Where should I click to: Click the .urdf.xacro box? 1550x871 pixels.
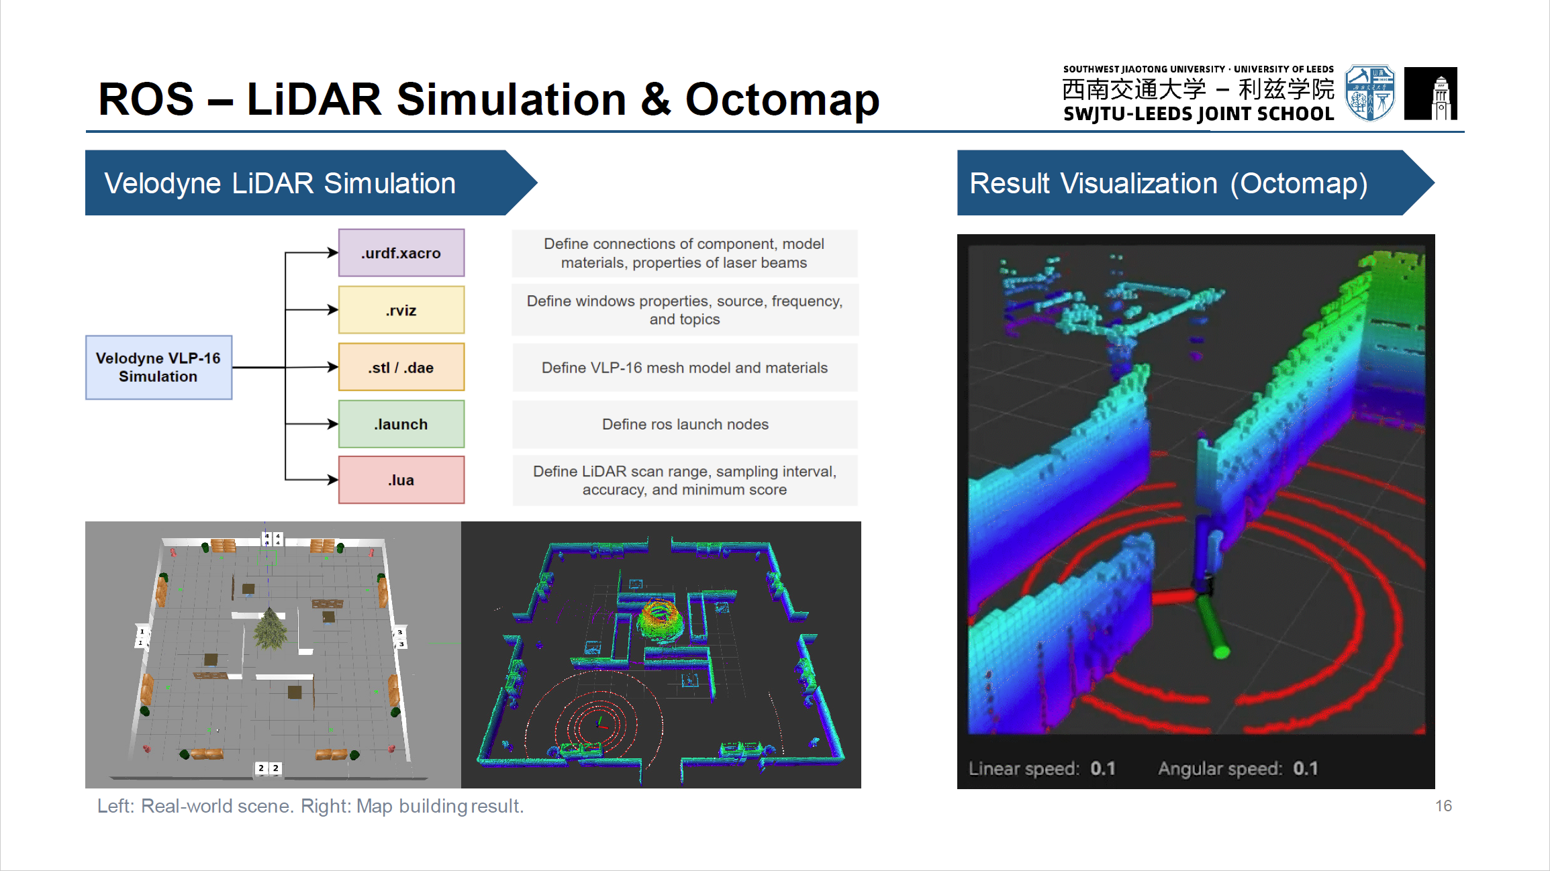click(x=401, y=253)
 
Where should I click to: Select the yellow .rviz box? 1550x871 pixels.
click(x=401, y=310)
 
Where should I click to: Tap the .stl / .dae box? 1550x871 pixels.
click(x=401, y=367)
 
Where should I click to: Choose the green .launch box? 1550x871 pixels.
click(x=401, y=424)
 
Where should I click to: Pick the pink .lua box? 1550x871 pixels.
click(x=401, y=480)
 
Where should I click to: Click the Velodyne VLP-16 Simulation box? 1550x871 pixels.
click(x=159, y=368)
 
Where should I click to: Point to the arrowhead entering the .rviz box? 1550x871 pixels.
click(x=332, y=310)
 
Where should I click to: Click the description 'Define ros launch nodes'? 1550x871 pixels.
click(x=685, y=424)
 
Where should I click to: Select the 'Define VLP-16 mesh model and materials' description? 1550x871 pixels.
click(x=685, y=368)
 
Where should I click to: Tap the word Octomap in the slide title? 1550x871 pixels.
click(x=782, y=100)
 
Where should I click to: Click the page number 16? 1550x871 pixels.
click(x=1444, y=806)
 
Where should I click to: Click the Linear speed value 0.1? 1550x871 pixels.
click(x=1103, y=768)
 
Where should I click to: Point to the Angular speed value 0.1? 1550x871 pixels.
click(x=1306, y=768)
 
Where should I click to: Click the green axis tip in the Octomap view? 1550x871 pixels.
click(x=1222, y=650)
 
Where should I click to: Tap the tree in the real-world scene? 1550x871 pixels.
click(x=271, y=629)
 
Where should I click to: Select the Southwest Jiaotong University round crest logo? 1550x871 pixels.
click(x=1370, y=93)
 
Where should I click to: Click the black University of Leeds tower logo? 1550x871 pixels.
click(x=1431, y=93)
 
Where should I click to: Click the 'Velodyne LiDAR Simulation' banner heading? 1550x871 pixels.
click(x=280, y=183)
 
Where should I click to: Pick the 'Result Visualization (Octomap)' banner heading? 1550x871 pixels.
click(x=1169, y=183)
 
